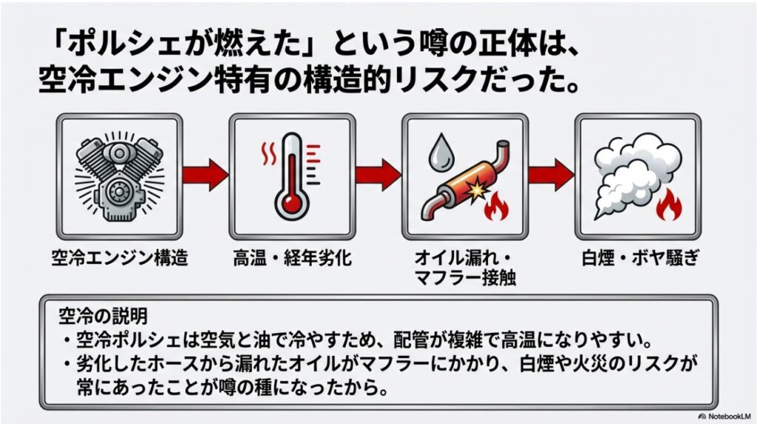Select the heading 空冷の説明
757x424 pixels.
[103, 314]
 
